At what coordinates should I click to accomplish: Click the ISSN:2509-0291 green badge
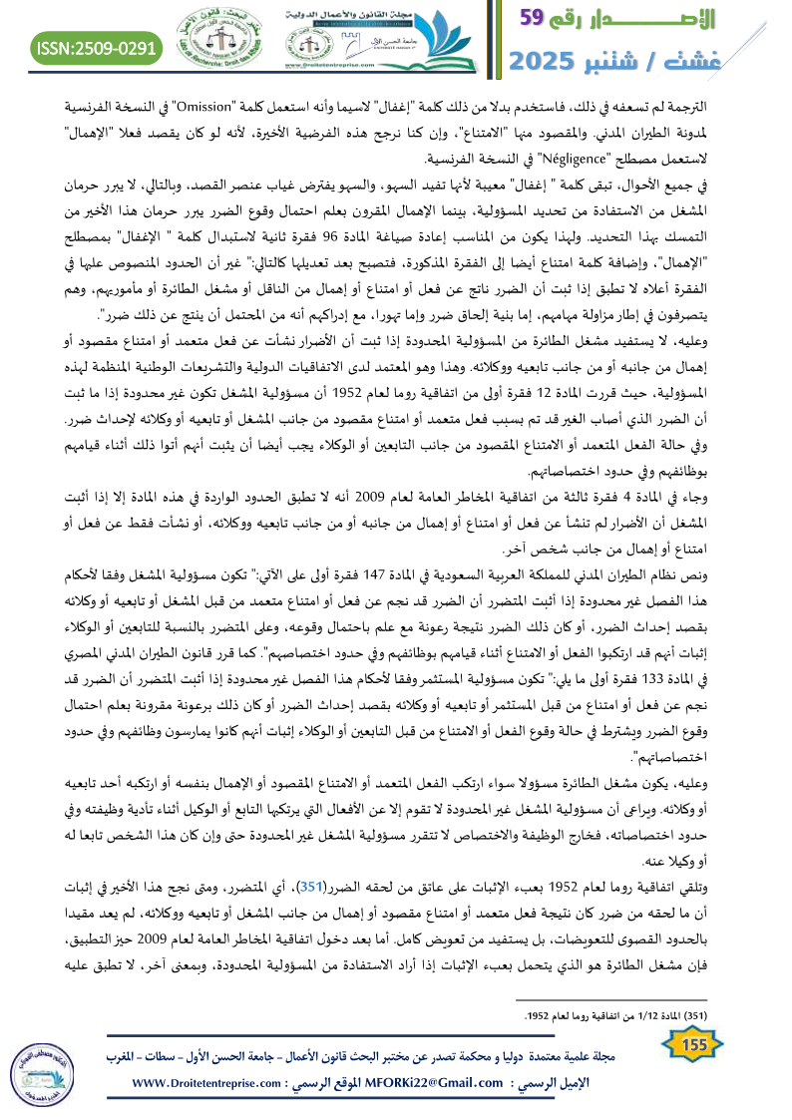click(x=97, y=47)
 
